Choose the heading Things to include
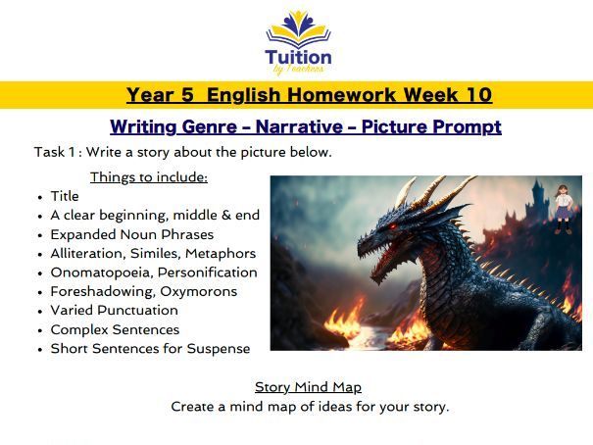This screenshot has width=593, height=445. pos(148,177)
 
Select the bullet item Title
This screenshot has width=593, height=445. pos(65,196)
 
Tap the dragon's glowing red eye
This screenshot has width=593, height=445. pos(392,227)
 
